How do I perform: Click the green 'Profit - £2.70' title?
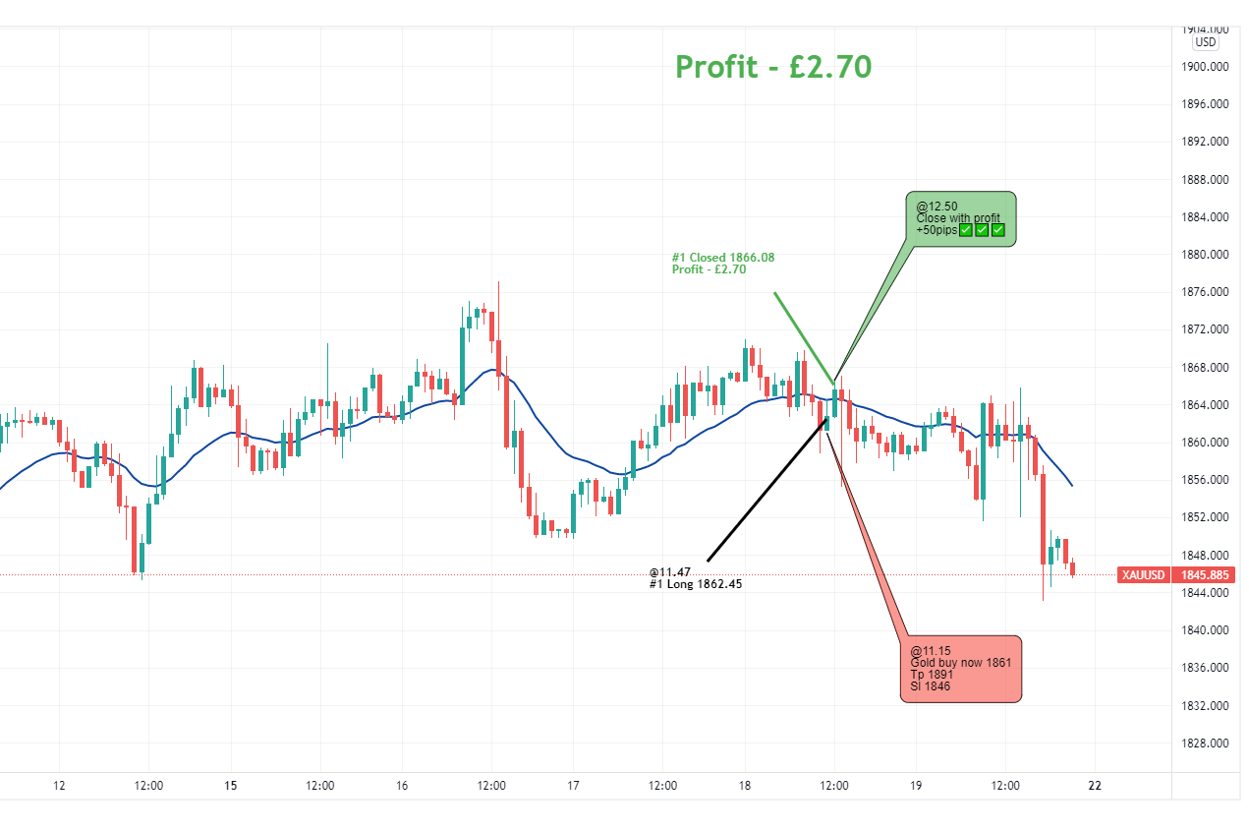point(773,67)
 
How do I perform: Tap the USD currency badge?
point(1205,42)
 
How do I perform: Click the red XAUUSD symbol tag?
point(1143,575)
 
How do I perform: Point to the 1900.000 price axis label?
point(1205,67)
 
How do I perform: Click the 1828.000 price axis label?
point(1205,744)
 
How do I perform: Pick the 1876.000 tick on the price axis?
point(1205,292)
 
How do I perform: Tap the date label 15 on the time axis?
point(231,786)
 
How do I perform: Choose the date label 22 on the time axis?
point(1095,786)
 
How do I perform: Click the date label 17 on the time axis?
point(574,786)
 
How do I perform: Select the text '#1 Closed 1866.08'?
point(723,258)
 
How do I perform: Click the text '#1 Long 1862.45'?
point(695,584)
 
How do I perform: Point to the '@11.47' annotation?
point(670,571)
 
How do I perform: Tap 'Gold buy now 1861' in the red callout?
point(960,663)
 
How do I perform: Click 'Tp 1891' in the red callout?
point(932,675)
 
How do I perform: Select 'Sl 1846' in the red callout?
point(930,686)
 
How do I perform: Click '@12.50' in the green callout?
point(937,207)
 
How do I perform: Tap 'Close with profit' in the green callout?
point(958,218)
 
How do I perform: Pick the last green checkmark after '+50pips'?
point(998,230)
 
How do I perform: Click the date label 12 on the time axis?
point(59,786)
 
